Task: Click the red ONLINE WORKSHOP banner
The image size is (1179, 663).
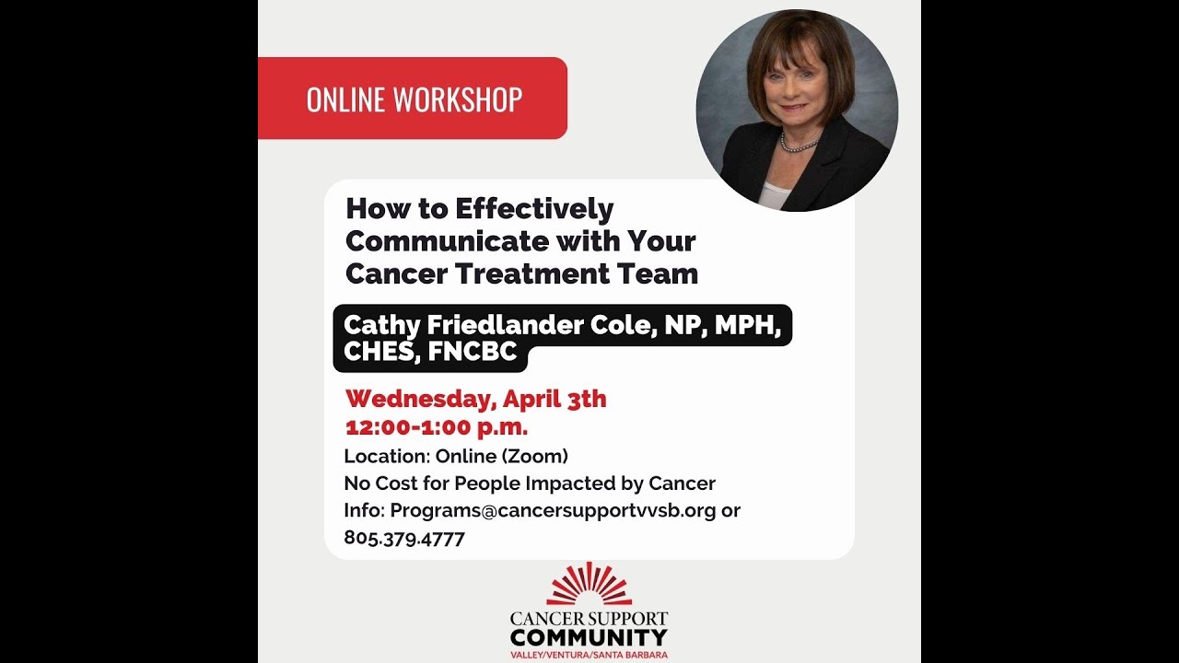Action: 413,99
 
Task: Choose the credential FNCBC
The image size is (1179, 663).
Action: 473,352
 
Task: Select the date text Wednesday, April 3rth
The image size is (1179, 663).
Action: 475,399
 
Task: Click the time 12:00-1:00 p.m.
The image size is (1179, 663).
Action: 437,427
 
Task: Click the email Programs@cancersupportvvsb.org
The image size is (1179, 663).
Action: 553,510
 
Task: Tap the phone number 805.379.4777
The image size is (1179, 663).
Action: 404,538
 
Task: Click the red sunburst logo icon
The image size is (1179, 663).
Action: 589,585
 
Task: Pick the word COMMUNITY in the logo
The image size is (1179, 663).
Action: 589,637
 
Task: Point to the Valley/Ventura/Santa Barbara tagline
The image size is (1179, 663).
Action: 589,655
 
